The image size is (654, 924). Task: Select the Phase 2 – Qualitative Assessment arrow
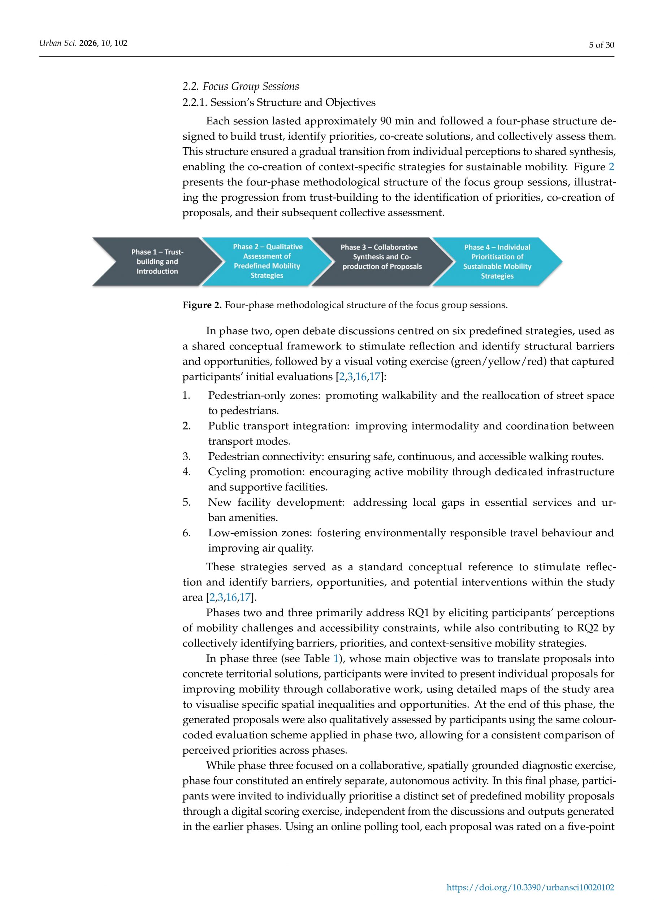(267, 261)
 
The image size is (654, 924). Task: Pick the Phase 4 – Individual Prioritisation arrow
(497, 262)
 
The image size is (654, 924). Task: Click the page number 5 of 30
(601, 45)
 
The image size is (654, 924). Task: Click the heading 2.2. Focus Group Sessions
(241, 86)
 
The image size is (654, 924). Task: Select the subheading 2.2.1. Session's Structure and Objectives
(279, 102)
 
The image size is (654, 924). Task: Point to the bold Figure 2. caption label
(202, 305)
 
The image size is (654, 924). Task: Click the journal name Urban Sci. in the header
(57, 43)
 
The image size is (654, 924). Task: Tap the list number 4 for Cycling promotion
(186, 472)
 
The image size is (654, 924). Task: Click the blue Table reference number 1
(336, 658)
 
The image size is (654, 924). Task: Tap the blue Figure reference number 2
(611, 167)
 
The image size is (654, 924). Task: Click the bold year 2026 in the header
(88, 43)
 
